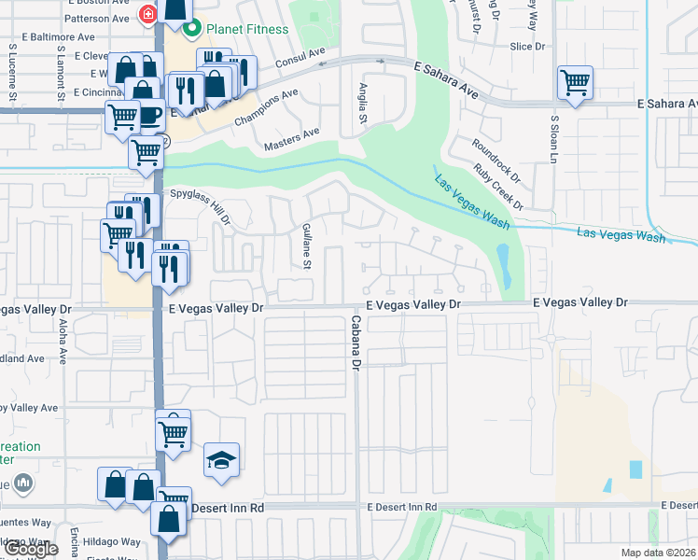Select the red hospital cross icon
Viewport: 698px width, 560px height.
[x=147, y=14]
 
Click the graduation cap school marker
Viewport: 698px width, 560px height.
[x=221, y=460]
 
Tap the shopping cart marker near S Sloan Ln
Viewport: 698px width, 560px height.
[x=575, y=82]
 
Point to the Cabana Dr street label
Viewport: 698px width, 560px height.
[x=356, y=343]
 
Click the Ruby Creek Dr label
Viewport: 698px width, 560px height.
[x=499, y=186]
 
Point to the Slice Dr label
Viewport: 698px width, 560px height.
[x=527, y=46]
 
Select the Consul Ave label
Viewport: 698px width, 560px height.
[x=300, y=59]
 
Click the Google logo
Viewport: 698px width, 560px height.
[x=31, y=549]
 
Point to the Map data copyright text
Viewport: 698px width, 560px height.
[x=658, y=553]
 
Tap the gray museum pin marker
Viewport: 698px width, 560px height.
[x=25, y=483]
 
